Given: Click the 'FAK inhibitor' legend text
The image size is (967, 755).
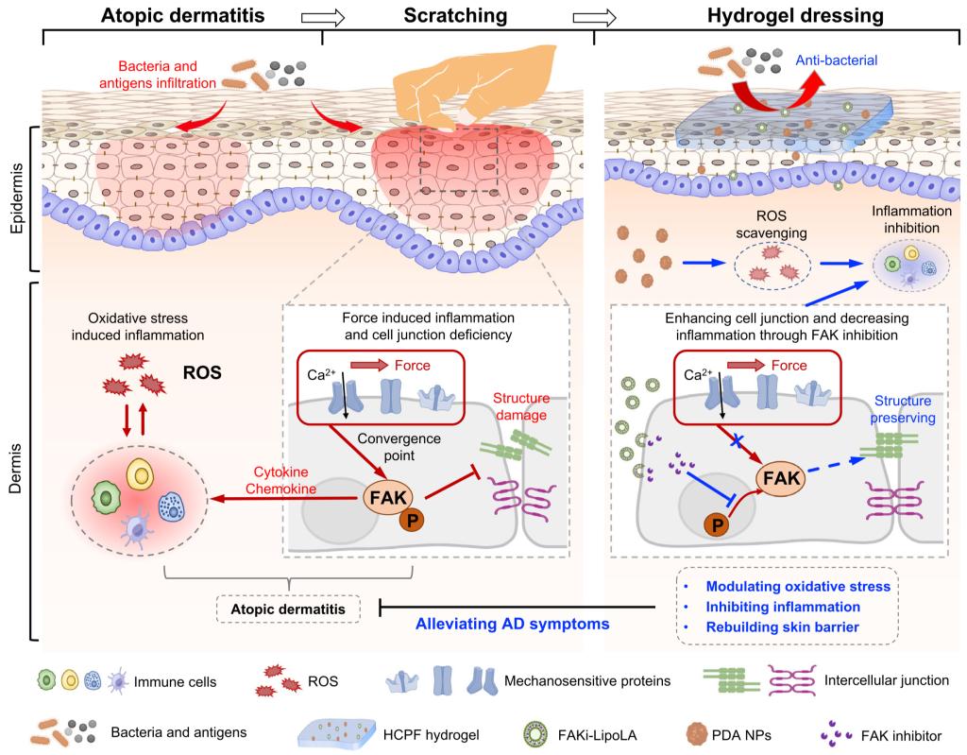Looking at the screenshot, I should (x=888, y=731).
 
